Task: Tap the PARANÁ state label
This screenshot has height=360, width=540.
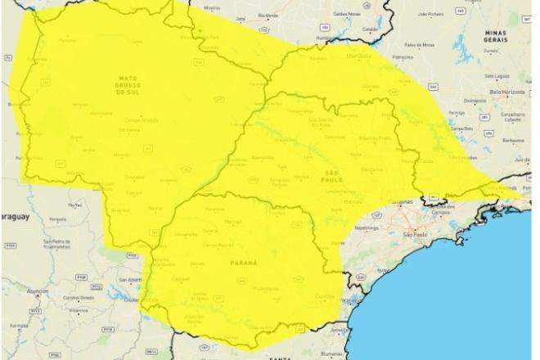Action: coord(246,263)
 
